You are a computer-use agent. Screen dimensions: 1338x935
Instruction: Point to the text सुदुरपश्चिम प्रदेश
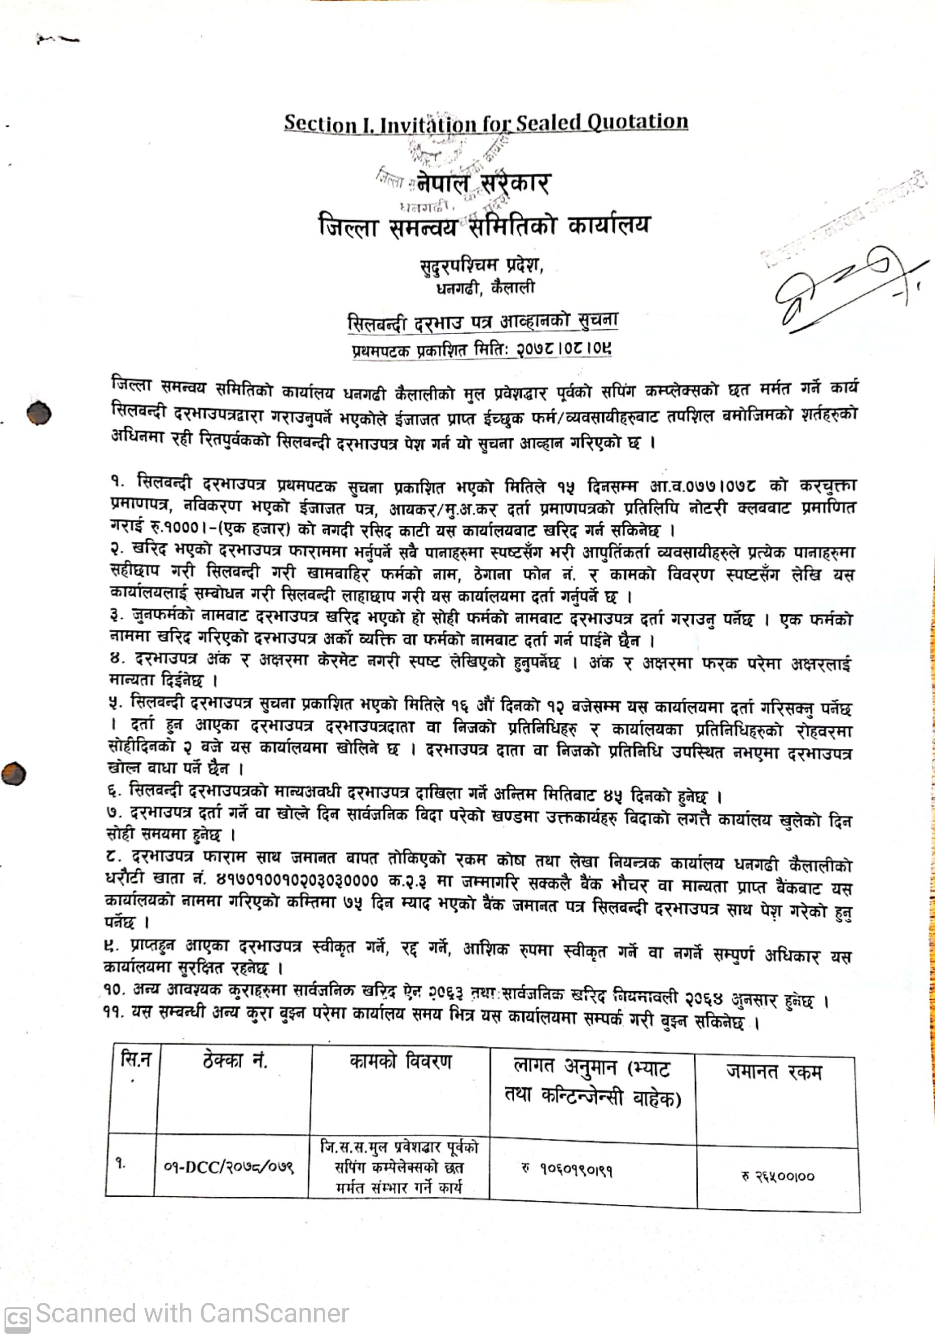[x=482, y=265]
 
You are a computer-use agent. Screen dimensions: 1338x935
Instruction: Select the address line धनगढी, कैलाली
[x=485, y=288]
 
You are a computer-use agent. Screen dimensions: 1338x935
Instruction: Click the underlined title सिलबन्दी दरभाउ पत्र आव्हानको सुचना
[x=482, y=322]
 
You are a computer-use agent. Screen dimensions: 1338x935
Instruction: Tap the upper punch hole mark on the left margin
[x=39, y=413]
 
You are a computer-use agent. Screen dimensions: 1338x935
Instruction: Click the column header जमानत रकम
[x=774, y=1071]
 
